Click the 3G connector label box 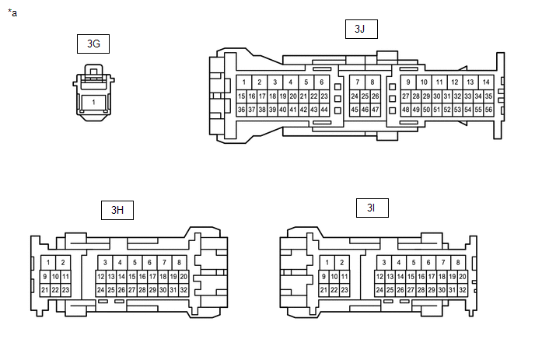tap(93, 44)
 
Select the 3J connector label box tap(359, 29)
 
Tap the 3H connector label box tap(117, 209)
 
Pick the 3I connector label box tap(372, 208)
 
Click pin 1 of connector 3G tap(93, 103)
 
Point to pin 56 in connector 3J tap(488, 110)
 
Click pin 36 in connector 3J tap(242, 110)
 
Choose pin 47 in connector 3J tap(375, 110)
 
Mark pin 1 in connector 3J tap(244, 82)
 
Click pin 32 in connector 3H tap(184, 290)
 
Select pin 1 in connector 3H tap(48, 263)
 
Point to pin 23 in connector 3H tap(65, 290)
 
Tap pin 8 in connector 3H tap(179, 263)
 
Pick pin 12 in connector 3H tap(101, 277)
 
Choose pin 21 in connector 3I tap(324, 290)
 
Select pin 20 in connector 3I tap(462, 277)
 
